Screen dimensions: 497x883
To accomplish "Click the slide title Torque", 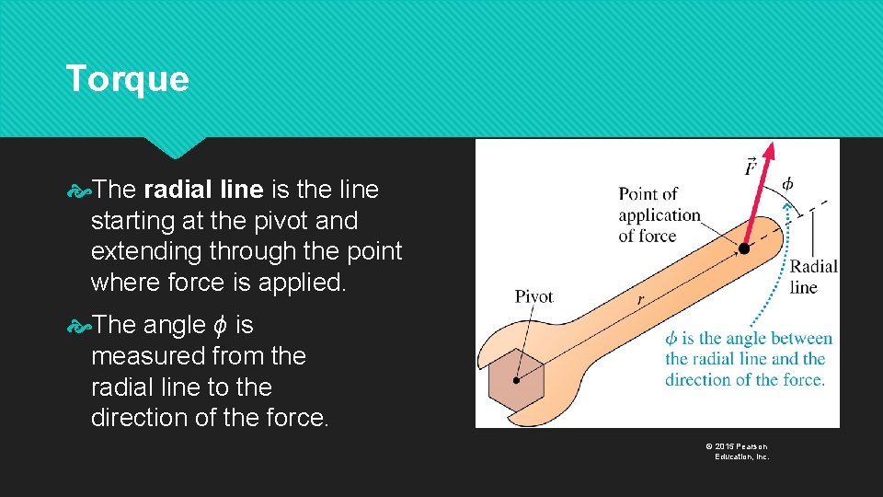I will click(x=127, y=79).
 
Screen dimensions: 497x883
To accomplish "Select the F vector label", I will click(x=751, y=167).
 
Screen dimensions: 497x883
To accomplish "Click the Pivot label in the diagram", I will click(x=533, y=296).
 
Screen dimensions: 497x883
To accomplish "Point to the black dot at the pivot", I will click(x=517, y=379).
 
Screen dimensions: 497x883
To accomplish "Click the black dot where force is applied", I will click(x=743, y=248).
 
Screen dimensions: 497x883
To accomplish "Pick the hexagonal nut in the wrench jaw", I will click(x=517, y=378).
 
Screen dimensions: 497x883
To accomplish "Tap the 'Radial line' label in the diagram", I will click(x=814, y=276).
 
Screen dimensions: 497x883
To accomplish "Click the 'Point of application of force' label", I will click(x=659, y=214).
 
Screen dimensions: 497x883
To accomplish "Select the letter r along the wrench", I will click(x=640, y=300).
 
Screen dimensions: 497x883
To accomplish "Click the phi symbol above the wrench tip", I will click(x=789, y=180).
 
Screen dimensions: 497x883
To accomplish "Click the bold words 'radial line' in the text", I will click(x=203, y=191).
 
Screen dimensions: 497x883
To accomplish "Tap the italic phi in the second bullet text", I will click(x=218, y=326).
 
